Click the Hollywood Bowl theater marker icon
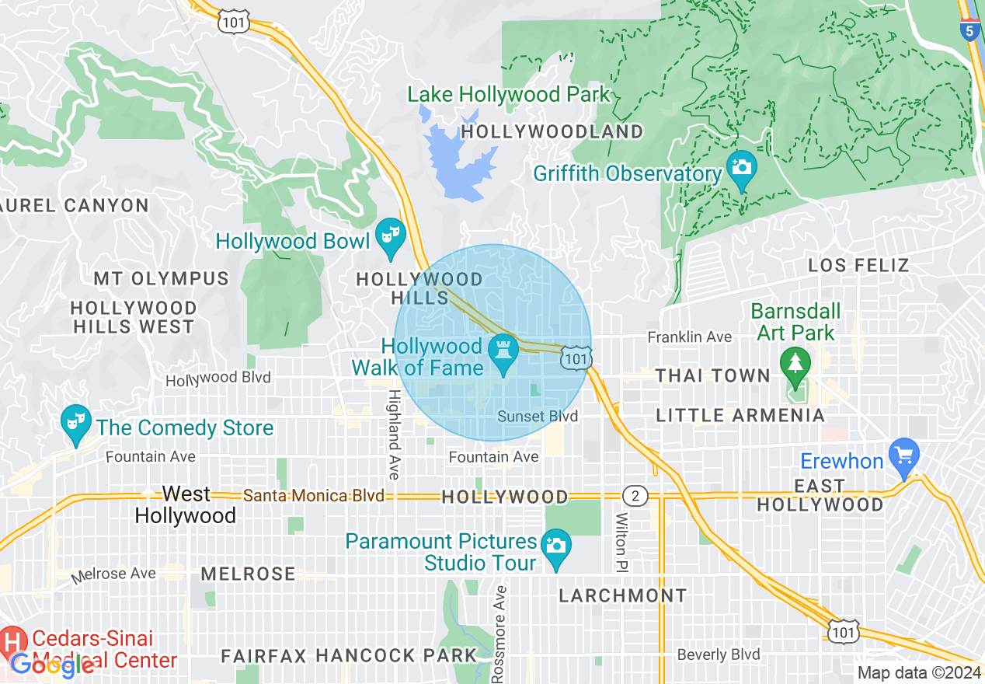click(x=390, y=233)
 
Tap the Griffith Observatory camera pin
click(x=742, y=167)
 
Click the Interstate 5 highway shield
click(x=969, y=30)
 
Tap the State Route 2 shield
click(x=635, y=496)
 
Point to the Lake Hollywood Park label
click(x=509, y=95)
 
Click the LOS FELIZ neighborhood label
click(x=858, y=265)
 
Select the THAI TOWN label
click(x=712, y=375)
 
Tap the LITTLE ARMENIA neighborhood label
click(x=740, y=415)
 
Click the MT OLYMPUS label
click(x=161, y=278)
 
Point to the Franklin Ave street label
click(x=690, y=337)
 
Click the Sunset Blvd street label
click(x=538, y=417)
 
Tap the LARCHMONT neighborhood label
click(x=623, y=596)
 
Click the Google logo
click(x=52, y=665)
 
